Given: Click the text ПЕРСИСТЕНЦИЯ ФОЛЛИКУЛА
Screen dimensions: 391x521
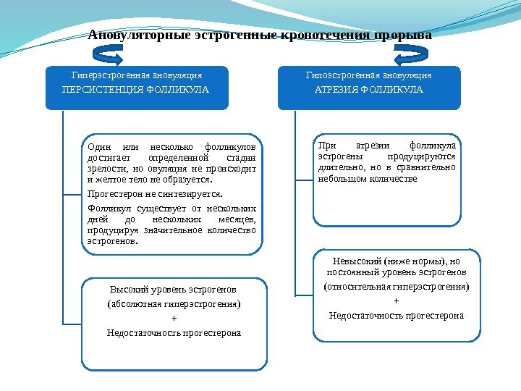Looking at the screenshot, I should click(136, 90).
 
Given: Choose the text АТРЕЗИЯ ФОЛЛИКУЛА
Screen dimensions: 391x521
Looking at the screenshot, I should click(369, 90).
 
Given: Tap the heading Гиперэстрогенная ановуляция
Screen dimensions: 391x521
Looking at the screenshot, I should click(136, 75).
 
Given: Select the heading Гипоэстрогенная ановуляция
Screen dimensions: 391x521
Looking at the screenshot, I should click(369, 75).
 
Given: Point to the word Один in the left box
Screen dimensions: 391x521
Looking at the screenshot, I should click(98, 147).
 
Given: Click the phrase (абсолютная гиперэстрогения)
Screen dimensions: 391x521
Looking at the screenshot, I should click(174, 303).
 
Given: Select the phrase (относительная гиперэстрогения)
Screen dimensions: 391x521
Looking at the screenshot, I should click(396, 287).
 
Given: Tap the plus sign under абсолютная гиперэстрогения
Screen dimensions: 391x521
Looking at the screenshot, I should click(174, 319).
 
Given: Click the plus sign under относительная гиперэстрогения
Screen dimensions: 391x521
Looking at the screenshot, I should click(396, 301).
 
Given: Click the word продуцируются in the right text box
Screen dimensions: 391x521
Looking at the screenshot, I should click(421, 156).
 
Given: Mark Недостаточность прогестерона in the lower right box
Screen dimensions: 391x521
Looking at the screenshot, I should click(396, 316).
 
